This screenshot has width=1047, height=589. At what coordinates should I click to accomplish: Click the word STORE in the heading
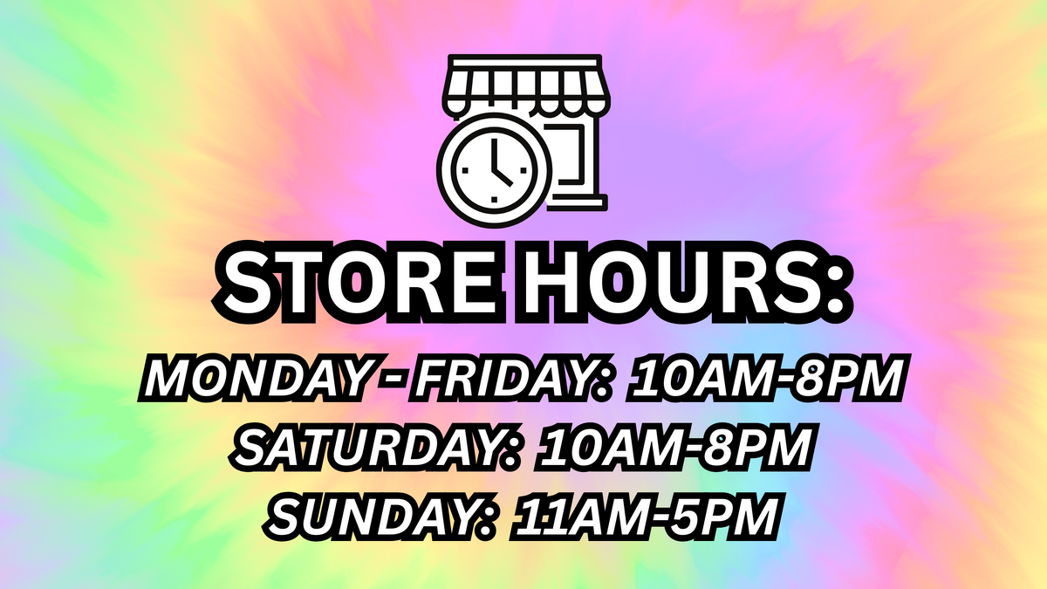[359, 284]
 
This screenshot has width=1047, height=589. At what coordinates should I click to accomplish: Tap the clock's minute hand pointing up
[495, 154]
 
